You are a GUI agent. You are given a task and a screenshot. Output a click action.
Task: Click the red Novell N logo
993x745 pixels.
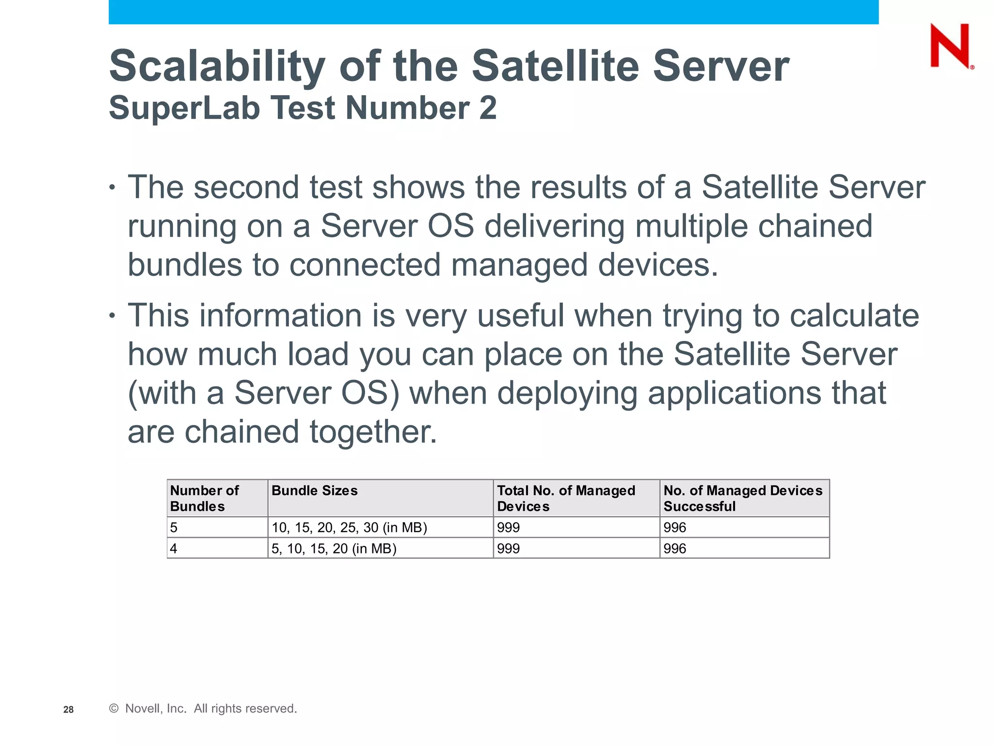pyautogui.click(x=950, y=47)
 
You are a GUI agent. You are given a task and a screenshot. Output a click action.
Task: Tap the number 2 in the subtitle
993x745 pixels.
pyautogui.click(x=488, y=108)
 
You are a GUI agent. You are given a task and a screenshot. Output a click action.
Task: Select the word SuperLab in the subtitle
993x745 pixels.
pyautogui.click(x=184, y=108)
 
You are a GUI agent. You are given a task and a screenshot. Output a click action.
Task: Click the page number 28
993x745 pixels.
pyautogui.click(x=68, y=710)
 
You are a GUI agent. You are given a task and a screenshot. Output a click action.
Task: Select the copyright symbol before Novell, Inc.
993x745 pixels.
pyautogui.click(x=114, y=709)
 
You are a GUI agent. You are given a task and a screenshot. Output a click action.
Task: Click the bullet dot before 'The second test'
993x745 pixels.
pyautogui.click(x=112, y=187)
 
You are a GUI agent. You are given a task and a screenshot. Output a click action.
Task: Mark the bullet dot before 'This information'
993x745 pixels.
pyautogui.click(x=112, y=316)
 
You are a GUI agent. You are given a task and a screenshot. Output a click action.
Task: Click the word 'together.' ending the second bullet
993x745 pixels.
pyautogui.click(x=373, y=432)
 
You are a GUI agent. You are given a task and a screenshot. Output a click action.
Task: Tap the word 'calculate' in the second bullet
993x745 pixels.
pyautogui.click(x=854, y=316)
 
